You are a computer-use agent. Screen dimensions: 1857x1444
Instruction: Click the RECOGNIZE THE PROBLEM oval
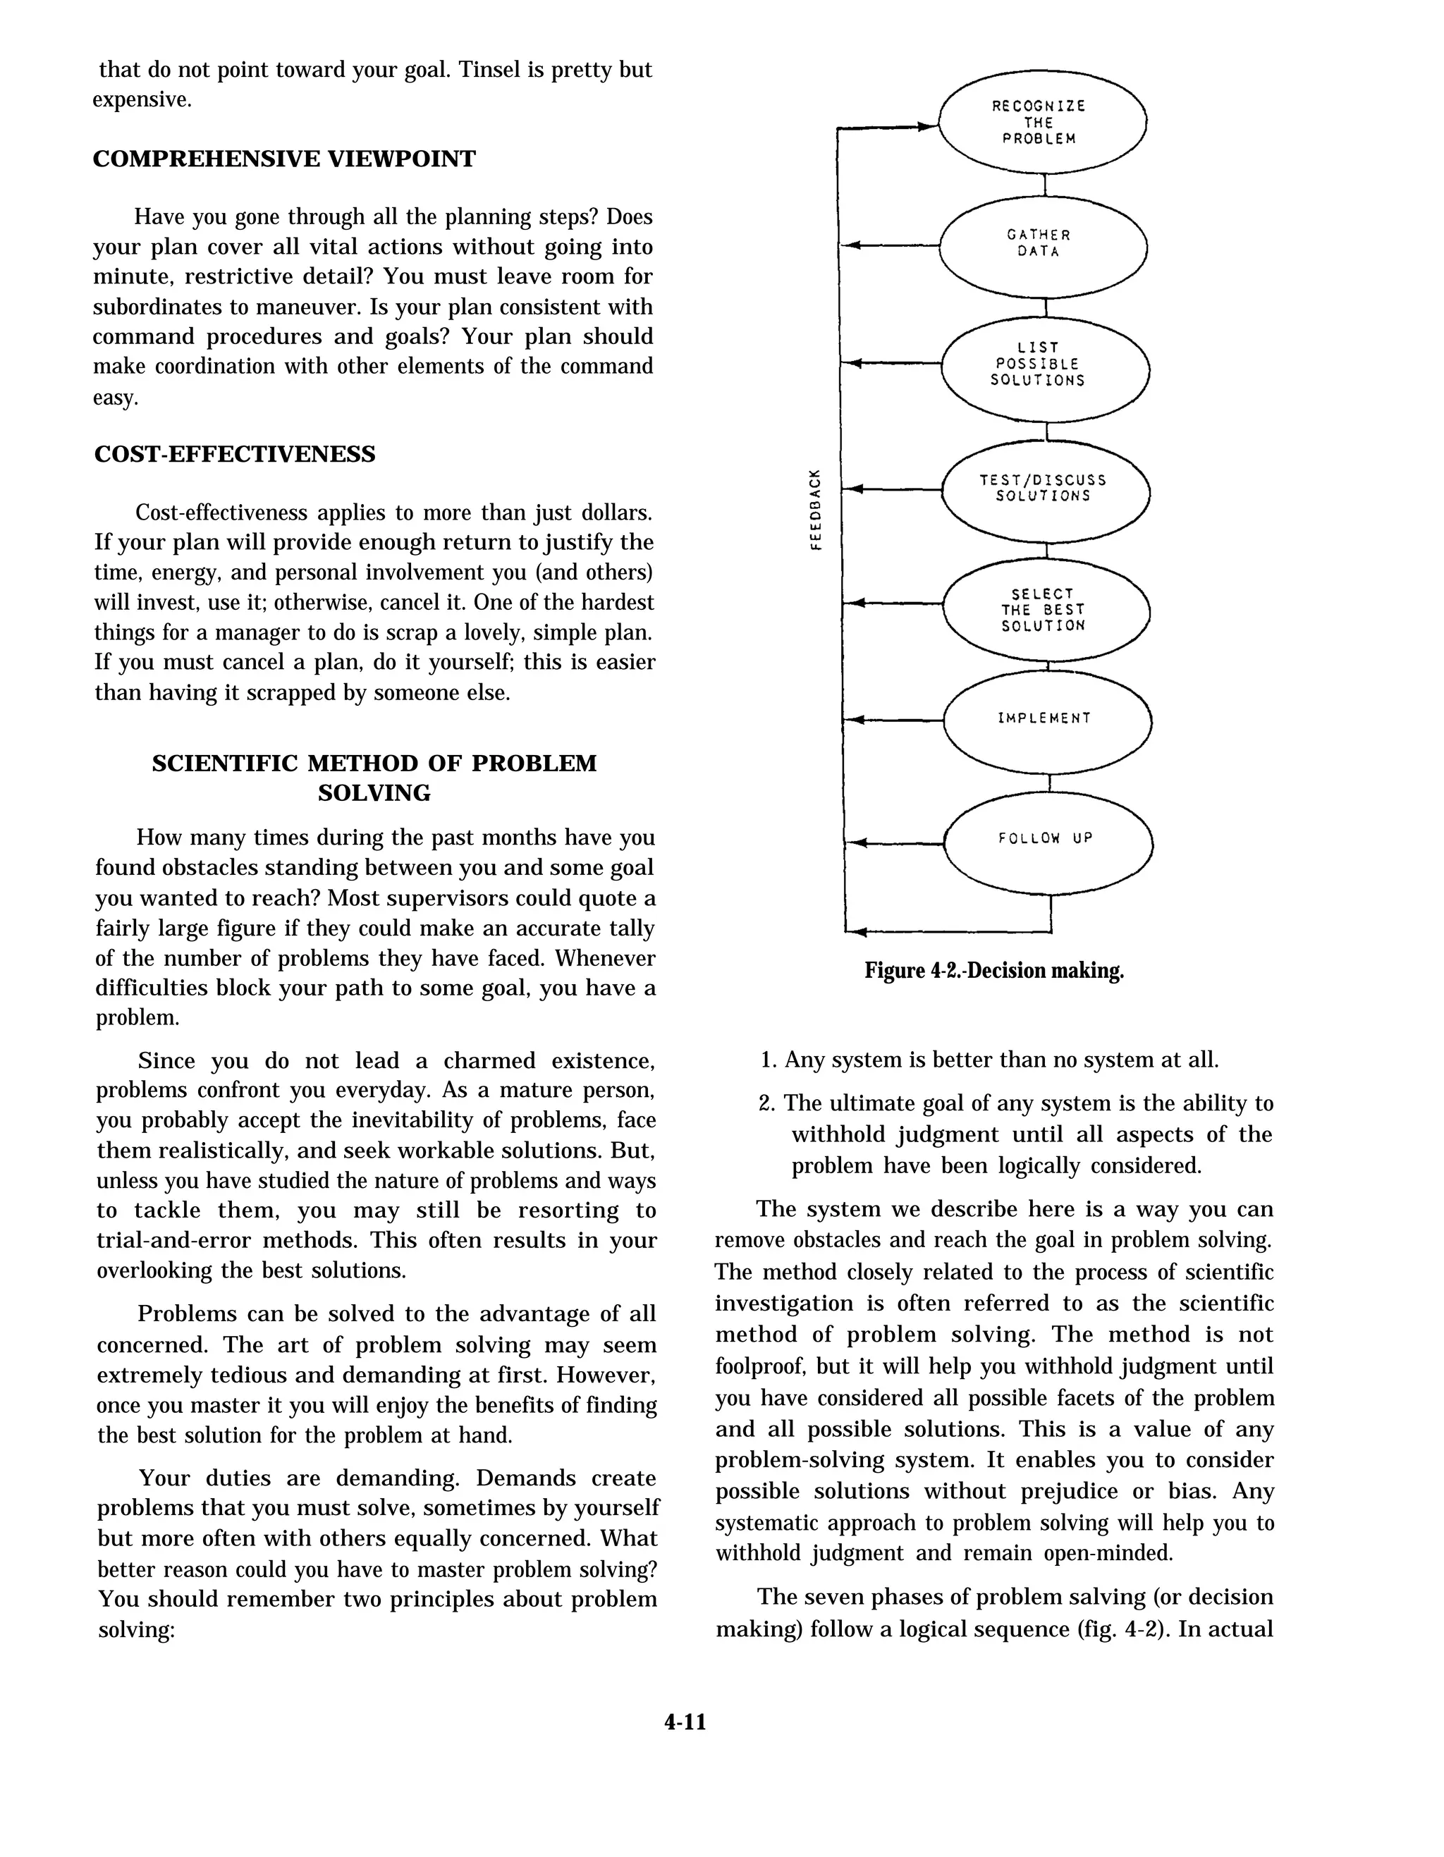1042,121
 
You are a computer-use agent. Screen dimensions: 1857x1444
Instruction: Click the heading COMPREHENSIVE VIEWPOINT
284,159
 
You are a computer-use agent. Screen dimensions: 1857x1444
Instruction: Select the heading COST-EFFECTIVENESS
235,454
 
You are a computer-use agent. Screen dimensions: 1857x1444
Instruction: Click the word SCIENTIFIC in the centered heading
226,763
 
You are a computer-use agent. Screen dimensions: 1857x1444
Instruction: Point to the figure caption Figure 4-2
993,970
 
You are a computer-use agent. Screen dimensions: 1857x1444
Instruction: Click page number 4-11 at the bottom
685,1722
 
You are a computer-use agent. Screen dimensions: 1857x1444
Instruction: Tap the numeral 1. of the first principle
769,1060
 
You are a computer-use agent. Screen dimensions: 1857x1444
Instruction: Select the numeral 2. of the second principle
767,1103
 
